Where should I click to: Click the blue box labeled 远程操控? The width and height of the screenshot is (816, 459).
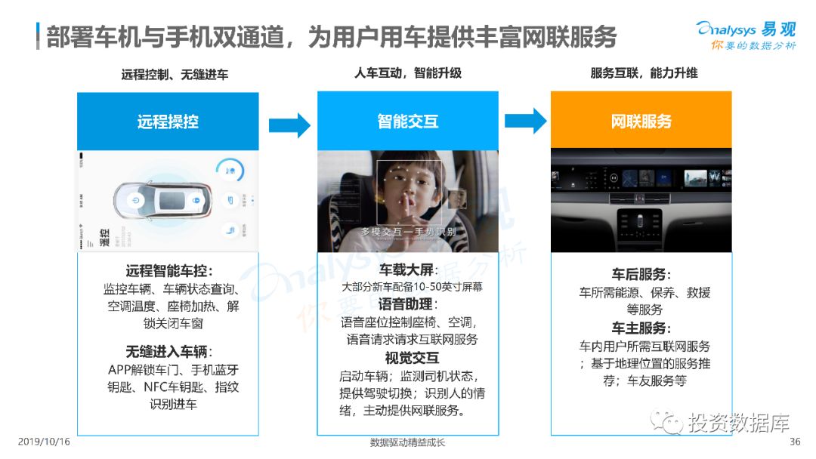tap(168, 121)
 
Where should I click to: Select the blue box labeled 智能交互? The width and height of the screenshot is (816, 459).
tap(407, 121)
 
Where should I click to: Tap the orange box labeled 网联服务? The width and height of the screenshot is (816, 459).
tap(641, 121)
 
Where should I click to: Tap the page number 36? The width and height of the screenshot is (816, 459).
tap(794, 442)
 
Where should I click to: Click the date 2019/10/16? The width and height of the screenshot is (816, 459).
tap(43, 442)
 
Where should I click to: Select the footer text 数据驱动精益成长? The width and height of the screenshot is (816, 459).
tap(407, 442)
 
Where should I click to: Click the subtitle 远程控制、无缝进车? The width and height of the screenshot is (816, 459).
tap(175, 75)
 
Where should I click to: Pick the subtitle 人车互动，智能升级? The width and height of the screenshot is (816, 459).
tap(407, 73)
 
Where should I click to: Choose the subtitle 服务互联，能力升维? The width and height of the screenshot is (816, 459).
tap(644, 73)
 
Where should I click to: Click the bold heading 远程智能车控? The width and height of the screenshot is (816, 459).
tap(168, 272)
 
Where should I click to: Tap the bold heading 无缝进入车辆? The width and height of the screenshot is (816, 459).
tap(168, 351)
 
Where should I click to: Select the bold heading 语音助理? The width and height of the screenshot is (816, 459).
tap(407, 304)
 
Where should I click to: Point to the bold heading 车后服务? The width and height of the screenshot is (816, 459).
tap(641, 275)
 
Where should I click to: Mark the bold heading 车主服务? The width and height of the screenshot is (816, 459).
tap(641, 328)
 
